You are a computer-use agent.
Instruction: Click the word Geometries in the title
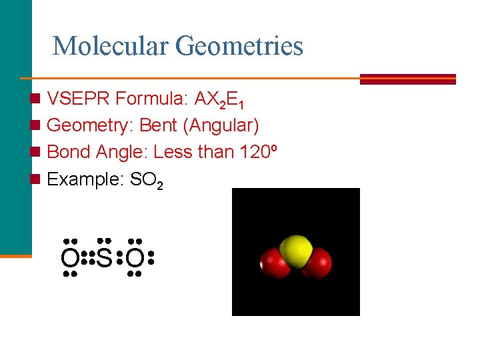click(x=239, y=47)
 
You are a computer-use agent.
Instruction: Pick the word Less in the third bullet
click(x=173, y=152)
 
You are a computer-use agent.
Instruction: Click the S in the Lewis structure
click(x=103, y=257)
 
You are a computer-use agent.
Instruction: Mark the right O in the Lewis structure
click(x=135, y=257)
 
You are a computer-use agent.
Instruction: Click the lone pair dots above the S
click(x=103, y=241)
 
